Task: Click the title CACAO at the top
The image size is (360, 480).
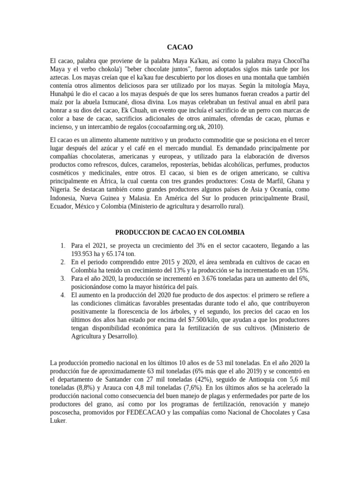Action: coord(180,47)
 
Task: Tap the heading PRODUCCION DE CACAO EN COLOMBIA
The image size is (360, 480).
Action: coord(180,232)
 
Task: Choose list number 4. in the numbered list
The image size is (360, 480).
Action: coord(63,294)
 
